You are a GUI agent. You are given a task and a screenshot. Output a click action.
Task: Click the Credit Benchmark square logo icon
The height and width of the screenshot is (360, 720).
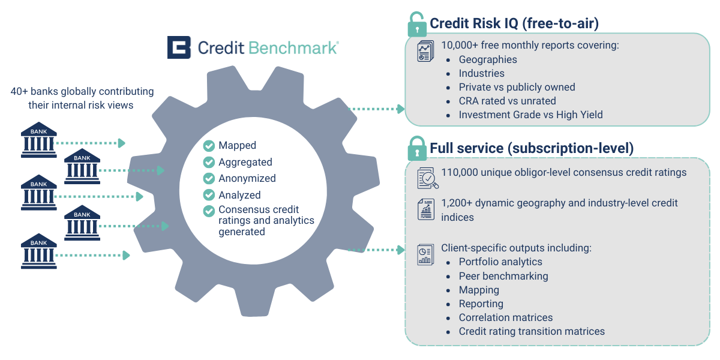(179, 47)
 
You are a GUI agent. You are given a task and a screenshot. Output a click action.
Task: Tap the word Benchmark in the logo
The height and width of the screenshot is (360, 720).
(293, 48)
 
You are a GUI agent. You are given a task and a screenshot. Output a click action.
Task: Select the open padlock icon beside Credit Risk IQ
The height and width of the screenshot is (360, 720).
(417, 25)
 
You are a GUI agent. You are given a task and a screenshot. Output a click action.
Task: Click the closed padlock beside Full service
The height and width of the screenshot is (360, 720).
(417, 148)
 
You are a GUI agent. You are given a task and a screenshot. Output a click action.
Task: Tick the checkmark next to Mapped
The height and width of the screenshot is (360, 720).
(209, 146)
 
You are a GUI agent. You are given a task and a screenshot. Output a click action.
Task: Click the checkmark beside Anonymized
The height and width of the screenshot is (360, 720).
(209, 178)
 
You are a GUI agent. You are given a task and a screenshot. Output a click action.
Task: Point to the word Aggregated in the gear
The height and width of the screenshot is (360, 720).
(245, 163)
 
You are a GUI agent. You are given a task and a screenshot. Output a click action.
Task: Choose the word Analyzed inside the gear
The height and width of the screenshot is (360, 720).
(239, 195)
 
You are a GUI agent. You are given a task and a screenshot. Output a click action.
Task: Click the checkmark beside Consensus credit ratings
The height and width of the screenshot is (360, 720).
(209, 211)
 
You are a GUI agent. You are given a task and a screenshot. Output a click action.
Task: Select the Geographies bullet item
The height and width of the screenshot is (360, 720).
(488, 59)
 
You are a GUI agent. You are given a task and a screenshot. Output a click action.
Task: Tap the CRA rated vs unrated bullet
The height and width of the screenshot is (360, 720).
(507, 101)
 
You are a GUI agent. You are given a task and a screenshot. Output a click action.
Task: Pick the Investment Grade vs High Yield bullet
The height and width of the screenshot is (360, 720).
(530, 115)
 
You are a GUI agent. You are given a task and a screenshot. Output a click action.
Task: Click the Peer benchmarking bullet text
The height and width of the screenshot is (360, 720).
(503, 276)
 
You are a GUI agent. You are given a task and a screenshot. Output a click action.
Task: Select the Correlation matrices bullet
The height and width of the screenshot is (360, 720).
(506, 317)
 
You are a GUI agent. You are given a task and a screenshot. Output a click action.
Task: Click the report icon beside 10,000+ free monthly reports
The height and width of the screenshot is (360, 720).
(425, 51)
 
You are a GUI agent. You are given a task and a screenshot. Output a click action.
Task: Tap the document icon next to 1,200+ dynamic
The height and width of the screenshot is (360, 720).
(426, 209)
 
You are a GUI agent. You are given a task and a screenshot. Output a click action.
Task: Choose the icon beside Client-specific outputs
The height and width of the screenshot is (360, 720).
(425, 255)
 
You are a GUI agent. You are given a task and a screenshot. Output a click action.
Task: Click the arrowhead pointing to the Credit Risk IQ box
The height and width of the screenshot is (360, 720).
(401, 109)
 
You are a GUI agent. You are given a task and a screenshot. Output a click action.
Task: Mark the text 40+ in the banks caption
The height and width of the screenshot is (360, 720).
(19, 92)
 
